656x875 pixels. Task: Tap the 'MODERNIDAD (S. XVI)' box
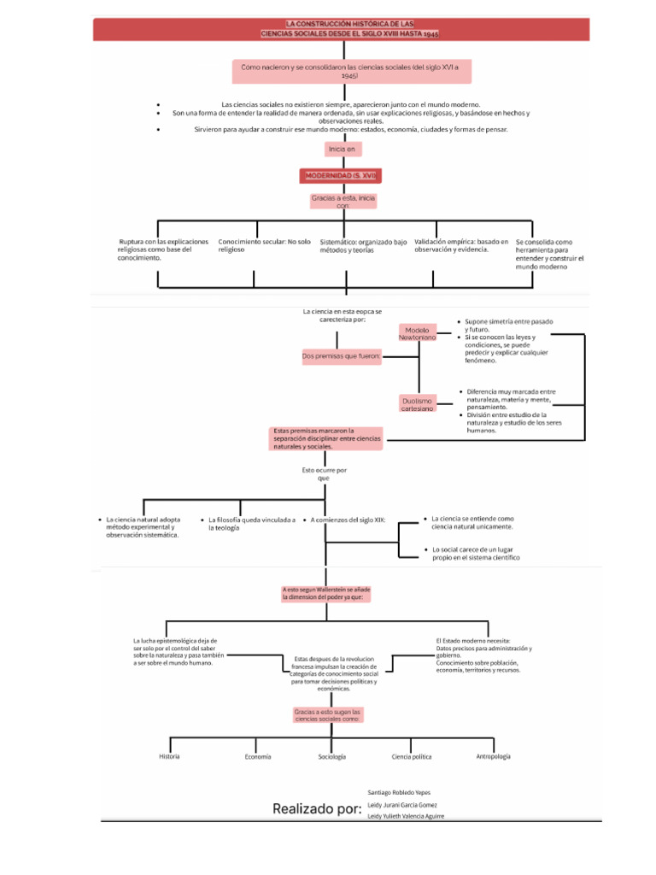coord(341,175)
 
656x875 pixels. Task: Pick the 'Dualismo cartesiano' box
coord(417,404)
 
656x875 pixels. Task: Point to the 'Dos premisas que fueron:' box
coord(341,355)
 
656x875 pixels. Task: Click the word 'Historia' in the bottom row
coord(169,757)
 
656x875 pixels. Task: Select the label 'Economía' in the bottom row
coord(257,757)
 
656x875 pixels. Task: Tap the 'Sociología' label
coord(332,757)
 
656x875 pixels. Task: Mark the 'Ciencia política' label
coord(412,757)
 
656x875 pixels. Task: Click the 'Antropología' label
coord(494,756)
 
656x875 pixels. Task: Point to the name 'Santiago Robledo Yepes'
coord(399,792)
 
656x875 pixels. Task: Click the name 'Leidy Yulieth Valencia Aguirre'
coord(406,816)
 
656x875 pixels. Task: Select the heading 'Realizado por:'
coord(317,808)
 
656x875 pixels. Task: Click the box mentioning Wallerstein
coord(327,594)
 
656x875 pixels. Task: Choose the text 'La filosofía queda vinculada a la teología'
coord(252,524)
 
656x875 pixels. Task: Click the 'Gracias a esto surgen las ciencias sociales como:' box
coord(329,715)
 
